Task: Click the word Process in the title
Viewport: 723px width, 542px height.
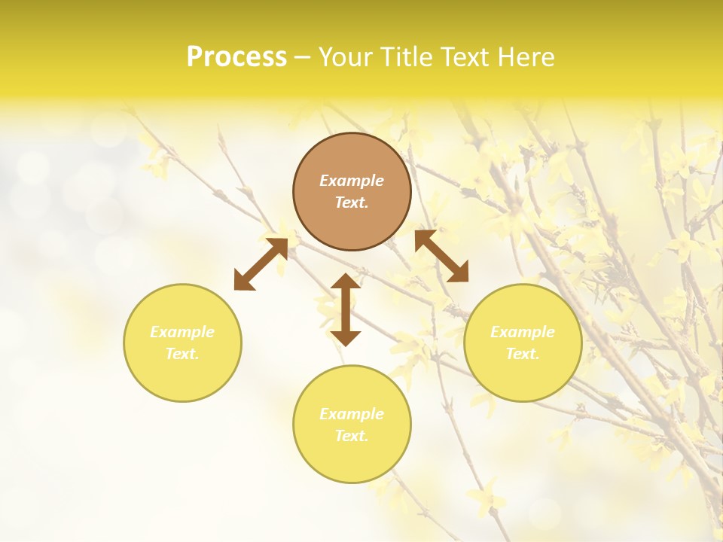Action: tap(236, 57)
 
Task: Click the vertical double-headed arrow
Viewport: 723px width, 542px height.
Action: tap(346, 309)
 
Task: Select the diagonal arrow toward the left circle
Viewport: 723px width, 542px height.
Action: tap(261, 263)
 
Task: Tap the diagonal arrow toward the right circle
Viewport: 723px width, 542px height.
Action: tap(441, 256)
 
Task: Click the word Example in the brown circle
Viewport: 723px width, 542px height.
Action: tap(352, 181)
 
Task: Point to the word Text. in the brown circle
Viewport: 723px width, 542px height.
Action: tap(352, 202)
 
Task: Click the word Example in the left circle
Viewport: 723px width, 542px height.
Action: tap(182, 332)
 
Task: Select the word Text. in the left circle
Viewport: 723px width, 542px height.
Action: tap(182, 354)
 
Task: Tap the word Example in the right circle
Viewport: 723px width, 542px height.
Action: tap(523, 332)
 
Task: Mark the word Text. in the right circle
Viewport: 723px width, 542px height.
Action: tap(523, 354)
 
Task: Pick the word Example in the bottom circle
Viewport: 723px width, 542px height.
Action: tap(352, 414)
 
